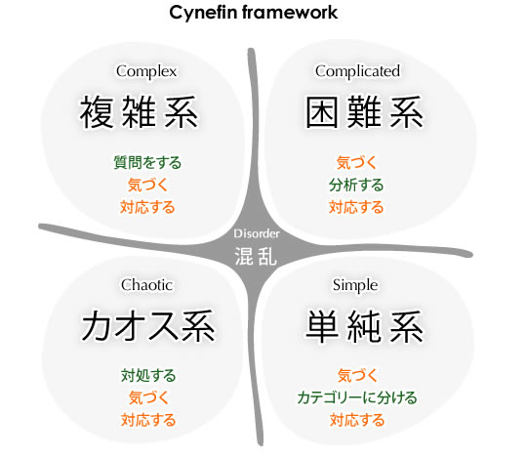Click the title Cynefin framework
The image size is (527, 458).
(x=254, y=13)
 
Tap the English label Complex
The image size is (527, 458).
(x=146, y=71)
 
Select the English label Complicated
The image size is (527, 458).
(x=357, y=71)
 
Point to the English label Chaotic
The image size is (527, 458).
(x=146, y=285)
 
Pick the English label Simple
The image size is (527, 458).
(x=355, y=285)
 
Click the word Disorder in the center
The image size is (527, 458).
(x=257, y=233)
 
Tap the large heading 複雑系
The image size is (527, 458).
(x=139, y=111)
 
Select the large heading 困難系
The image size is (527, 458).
(x=364, y=111)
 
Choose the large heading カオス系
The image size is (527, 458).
(x=148, y=326)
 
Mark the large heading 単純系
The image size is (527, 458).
(x=364, y=326)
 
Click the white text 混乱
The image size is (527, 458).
(x=256, y=256)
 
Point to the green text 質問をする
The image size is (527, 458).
(x=147, y=162)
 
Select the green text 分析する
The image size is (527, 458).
(x=356, y=185)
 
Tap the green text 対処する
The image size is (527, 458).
(x=148, y=375)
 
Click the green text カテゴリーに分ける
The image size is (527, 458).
(x=357, y=397)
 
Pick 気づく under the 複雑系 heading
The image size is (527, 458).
(x=147, y=185)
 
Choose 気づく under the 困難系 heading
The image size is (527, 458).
(x=356, y=162)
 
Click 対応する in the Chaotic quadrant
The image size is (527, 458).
(x=148, y=420)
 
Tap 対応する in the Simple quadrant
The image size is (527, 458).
(x=357, y=420)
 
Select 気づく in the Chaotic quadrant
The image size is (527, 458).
(x=148, y=397)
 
